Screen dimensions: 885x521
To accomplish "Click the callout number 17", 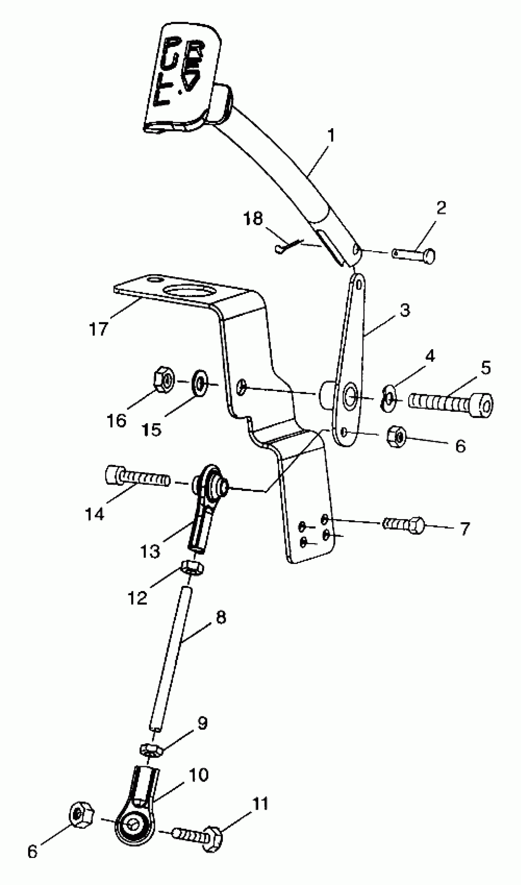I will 98,329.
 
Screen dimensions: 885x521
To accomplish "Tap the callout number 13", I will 150,551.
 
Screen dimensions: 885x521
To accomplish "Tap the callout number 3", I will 405,310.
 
